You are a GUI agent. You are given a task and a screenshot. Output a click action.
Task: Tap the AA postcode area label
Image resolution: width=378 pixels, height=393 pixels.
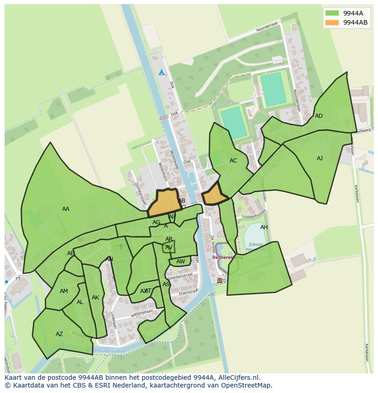pyautogui.click(x=66, y=209)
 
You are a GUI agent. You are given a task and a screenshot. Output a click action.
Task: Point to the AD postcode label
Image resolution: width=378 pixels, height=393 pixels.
pyautogui.click(x=319, y=116)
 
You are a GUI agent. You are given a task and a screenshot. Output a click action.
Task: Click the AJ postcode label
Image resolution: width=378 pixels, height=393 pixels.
pyautogui.click(x=320, y=158)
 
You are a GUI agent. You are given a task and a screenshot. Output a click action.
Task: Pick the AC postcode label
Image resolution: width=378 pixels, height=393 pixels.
pyautogui.click(x=233, y=161)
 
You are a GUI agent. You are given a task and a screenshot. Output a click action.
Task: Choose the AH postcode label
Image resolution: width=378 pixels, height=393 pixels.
pyautogui.click(x=264, y=227)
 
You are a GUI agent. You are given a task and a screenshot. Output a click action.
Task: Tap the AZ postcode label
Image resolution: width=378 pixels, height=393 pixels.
pyautogui.click(x=59, y=334)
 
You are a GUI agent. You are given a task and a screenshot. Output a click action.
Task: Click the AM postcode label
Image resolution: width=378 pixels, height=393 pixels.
pyautogui.click(x=64, y=291)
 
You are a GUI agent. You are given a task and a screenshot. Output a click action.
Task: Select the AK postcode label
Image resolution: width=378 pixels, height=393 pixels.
pyautogui.click(x=95, y=298)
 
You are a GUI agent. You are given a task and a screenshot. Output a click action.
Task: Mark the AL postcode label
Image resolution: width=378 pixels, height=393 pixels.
pyautogui.click(x=80, y=302)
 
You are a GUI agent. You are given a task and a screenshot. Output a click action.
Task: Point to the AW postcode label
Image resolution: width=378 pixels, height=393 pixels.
pyautogui.click(x=181, y=262)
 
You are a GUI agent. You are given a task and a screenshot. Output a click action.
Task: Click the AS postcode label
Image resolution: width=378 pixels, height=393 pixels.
pyautogui.click(x=166, y=284)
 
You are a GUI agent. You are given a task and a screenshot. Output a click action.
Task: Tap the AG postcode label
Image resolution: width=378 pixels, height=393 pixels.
pyautogui.click(x=157, y=222)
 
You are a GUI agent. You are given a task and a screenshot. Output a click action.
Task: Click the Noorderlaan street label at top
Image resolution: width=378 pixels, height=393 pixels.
pyautogui.click(x=267, y=28)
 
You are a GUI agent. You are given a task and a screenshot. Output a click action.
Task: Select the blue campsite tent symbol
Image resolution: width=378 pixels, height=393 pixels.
pyautogui.click(x=161, y=73)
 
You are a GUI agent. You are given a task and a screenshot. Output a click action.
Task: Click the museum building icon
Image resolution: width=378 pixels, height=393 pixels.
pyautogui.click(x=220, y=280)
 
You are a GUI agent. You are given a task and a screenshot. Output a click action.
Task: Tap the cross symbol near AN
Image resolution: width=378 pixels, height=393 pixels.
pyautogui.click(x=121, y=246)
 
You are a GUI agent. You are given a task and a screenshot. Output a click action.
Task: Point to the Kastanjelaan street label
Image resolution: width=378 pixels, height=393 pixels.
pyautogui.click(x=141, y=314)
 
